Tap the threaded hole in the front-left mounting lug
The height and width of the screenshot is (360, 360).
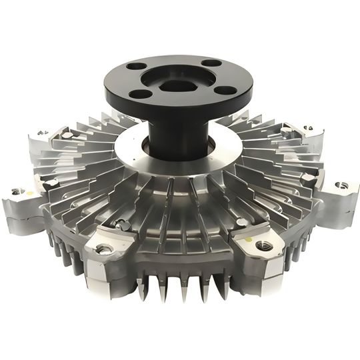[x=104, y=249]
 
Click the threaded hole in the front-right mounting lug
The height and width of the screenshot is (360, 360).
[x=261, y=244]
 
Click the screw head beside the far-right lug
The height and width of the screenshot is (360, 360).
[x=308, y=177]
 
